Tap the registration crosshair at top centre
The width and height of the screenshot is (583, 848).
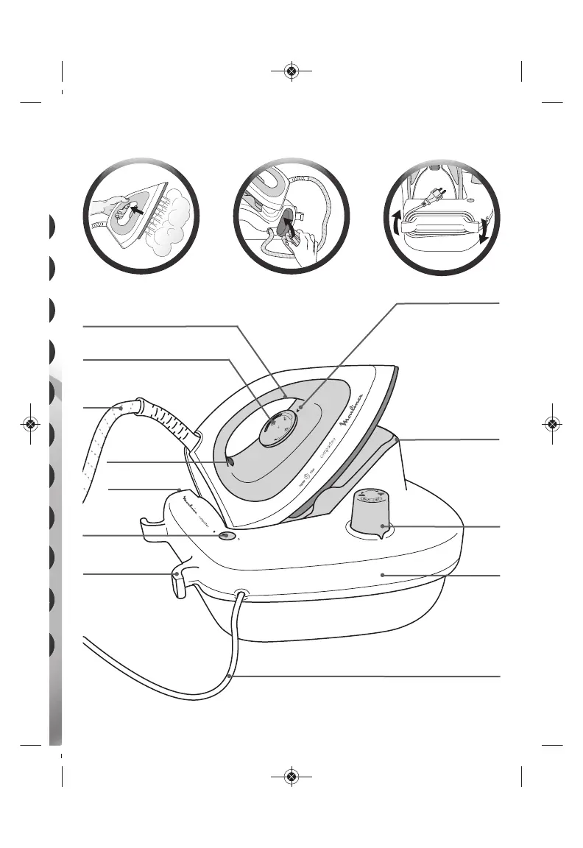291,71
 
